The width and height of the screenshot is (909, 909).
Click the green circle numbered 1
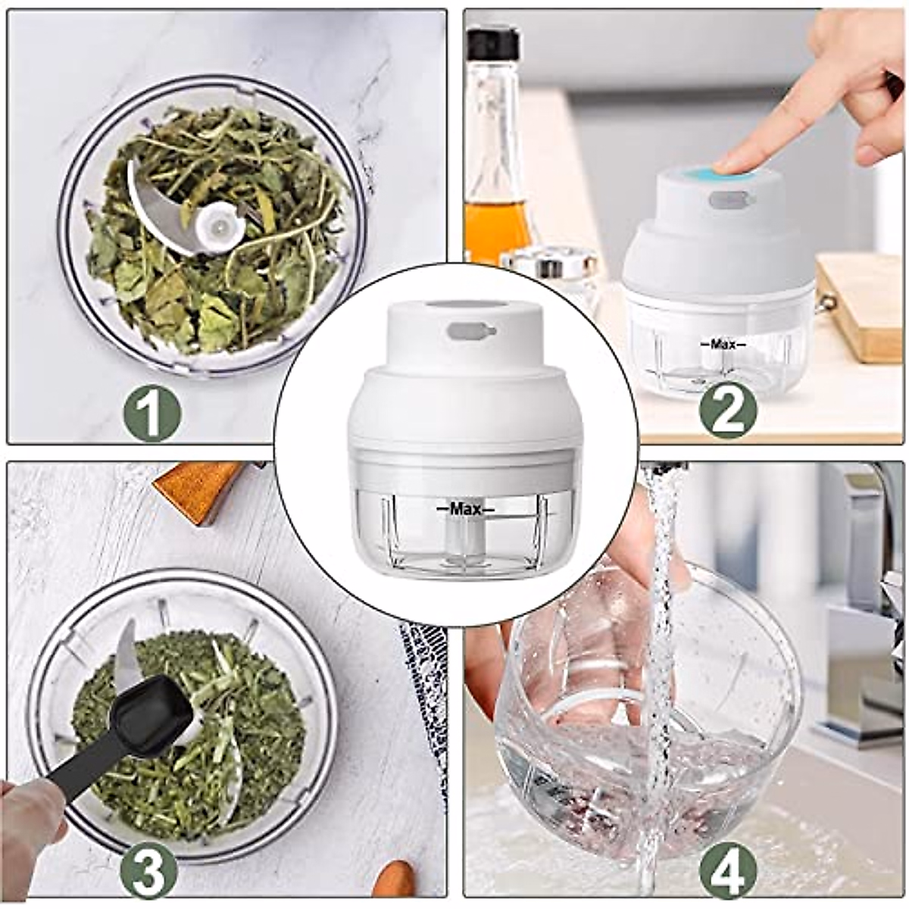(153, 412)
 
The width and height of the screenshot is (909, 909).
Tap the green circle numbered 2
(728, 408)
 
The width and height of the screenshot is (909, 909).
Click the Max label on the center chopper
(461, 508)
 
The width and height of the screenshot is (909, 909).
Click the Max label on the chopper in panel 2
(723, 344)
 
